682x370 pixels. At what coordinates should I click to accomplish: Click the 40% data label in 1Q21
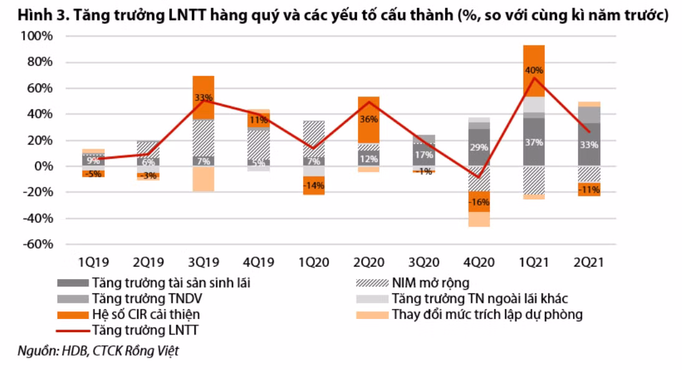coord(534,70)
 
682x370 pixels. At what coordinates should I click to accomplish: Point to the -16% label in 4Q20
coord(479,202)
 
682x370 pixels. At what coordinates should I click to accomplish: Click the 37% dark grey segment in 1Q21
coord(534,142)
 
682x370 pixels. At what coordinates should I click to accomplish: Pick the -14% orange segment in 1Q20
coord(314,186)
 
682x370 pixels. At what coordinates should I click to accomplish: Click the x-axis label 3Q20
coord(423,263)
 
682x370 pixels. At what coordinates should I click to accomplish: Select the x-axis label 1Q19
coord(94,263)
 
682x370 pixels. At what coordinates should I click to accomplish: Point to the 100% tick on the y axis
coord(38,36)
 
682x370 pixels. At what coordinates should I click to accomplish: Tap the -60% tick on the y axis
coord(38,245)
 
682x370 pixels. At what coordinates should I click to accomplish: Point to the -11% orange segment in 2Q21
coord(589,189)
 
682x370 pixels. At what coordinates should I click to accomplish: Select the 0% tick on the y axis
coord(42,166)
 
